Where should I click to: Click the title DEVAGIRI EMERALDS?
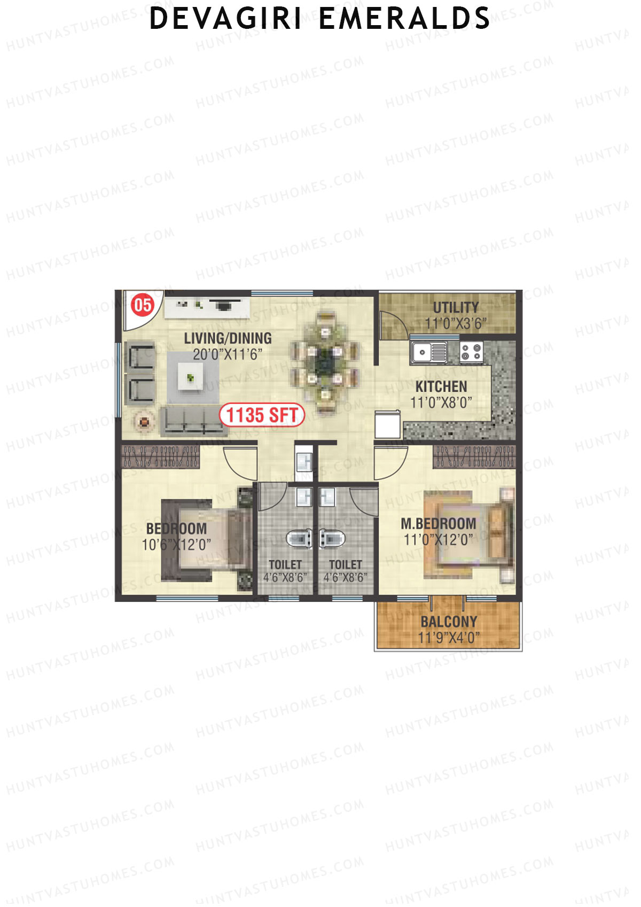[x=319, y=18]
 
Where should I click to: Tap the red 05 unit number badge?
[x=143, y=305]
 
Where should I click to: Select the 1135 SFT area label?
[x=262, y=415]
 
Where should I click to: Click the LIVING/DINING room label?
[x=228, y=338]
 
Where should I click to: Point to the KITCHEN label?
[x=441, y=386]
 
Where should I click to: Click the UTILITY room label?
[x=456, y=307]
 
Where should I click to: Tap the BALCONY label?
[x=449, y=622]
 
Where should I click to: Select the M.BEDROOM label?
[x=439, y=524]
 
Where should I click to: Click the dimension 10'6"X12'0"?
[x=176, y=545]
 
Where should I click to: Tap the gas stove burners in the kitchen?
[x=472, y=351]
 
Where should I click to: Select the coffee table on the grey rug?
[x=190, y=377]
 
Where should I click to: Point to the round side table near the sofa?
[x=143, y=422]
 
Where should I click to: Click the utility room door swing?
[x=393, y=324]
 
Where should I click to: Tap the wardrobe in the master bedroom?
[x=474, y=457]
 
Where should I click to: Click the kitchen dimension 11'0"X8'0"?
[x=441, y=402]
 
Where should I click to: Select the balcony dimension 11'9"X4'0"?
[x=449, y=638]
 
